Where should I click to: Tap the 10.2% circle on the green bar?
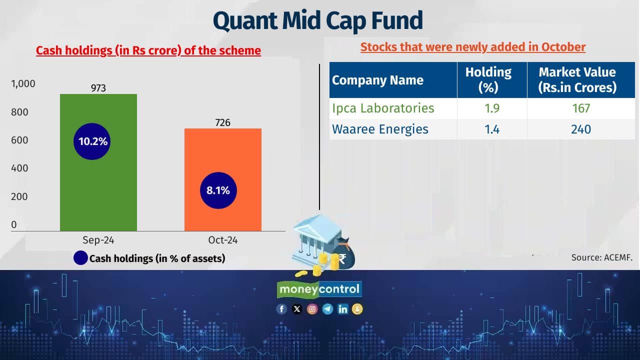tap(93, 141)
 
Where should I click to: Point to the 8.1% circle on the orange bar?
tap(218, 190)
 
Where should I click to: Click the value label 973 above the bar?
tap(98, 88)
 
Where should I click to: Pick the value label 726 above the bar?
tap(222, 122)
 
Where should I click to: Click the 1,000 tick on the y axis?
tap(23, 83)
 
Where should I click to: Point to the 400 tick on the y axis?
tap(19, 168)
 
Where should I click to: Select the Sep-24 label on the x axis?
tap(98, 240)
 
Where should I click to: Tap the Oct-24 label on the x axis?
tap(223, 240)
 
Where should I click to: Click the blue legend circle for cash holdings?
tap(80, 258)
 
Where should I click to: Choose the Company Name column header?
tap(377, 80)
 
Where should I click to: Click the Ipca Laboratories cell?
tap(383, 108)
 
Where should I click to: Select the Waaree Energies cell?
tap(380, 129)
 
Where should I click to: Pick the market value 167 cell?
tap(581, 108)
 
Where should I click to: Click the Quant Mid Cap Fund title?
tap(318, 20)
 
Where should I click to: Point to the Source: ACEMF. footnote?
tap(602, 258)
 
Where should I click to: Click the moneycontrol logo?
tap(319, 289)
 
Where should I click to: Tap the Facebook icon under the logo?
tap(282, 309)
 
